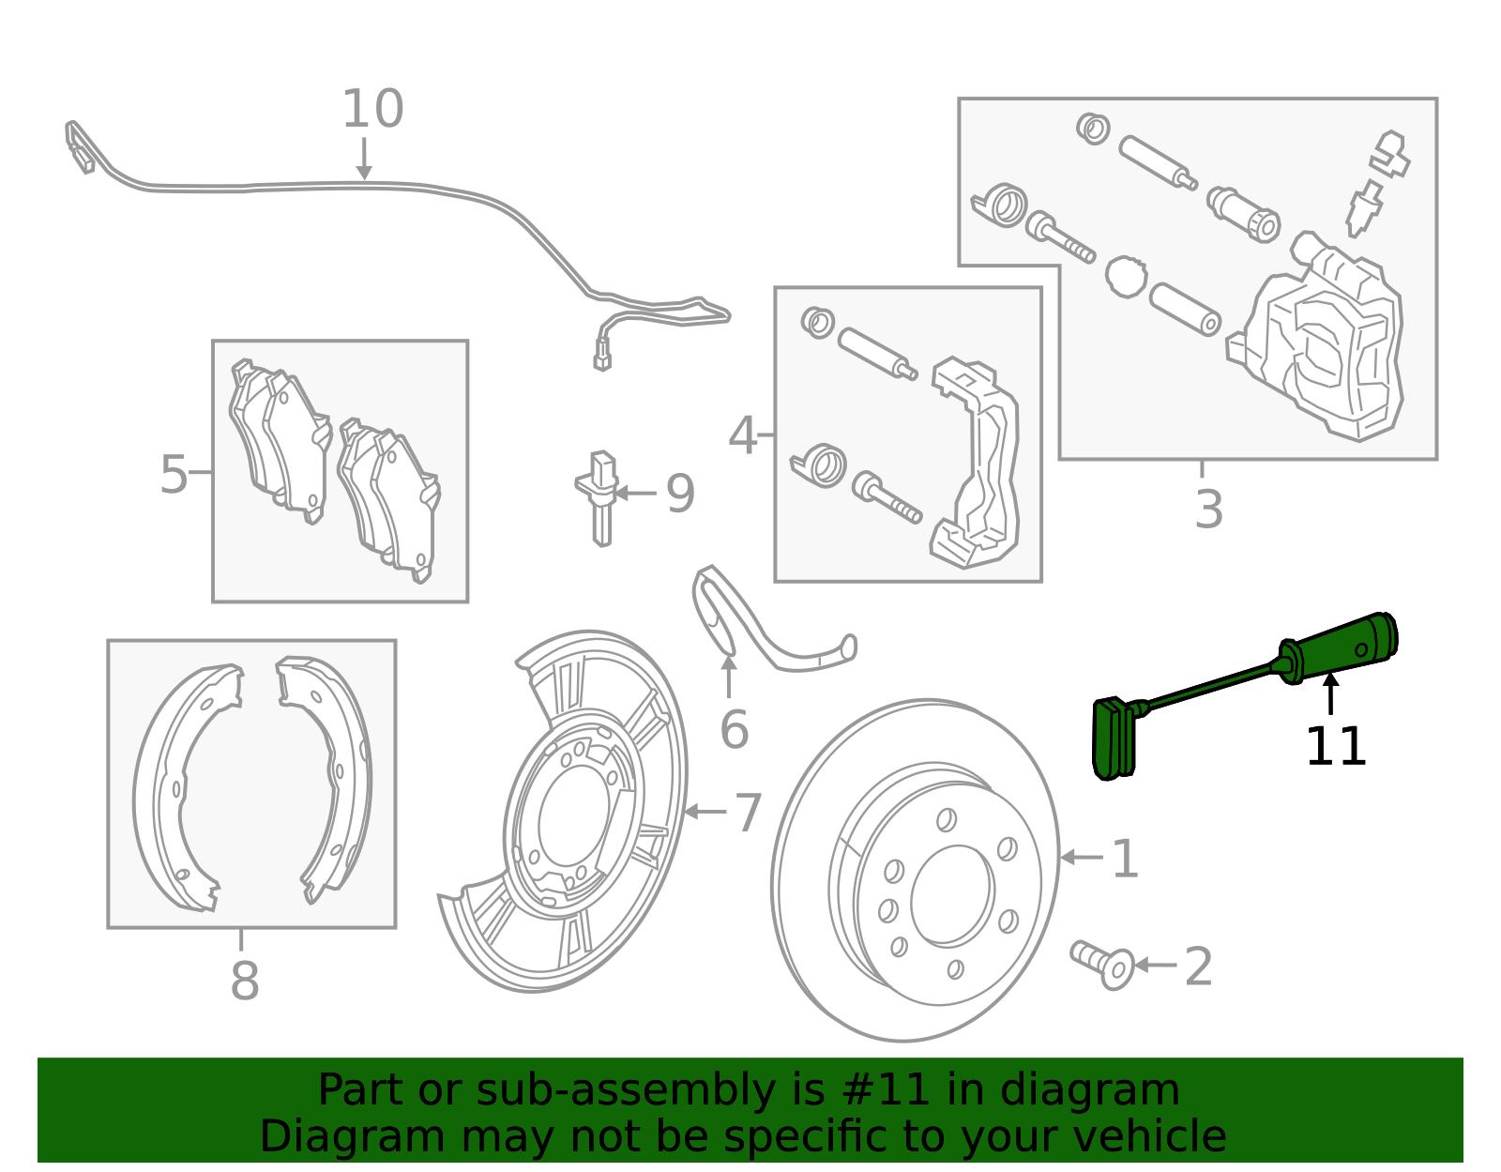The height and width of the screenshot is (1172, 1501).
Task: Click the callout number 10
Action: coord(372,109)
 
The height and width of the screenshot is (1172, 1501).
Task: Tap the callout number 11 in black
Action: coord(1335,747)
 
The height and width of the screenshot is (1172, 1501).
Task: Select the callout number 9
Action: coord(680,494)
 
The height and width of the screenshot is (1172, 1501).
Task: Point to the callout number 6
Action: coord(734,729)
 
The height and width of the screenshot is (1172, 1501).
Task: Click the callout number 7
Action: coord(748,813)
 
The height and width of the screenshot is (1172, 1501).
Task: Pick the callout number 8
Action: coord(245,981)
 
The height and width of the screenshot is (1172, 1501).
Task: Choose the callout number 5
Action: coord(174,475)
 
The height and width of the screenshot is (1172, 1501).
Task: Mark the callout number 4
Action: coord(743,435)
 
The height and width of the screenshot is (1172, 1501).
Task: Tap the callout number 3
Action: coord(1209,509)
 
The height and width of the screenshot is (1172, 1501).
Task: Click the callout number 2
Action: coord(1198,967)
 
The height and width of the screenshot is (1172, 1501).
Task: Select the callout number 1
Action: coord(1125,859)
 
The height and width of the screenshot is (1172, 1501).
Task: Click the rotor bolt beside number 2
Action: coord(1101,964)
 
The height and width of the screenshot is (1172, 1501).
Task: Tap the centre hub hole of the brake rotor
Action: coord(952,895)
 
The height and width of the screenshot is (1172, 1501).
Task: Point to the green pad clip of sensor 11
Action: coord(1114,738)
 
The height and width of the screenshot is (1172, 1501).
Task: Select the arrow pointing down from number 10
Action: coord(364,159)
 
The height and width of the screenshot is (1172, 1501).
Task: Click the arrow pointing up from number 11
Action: coord(1330,693)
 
